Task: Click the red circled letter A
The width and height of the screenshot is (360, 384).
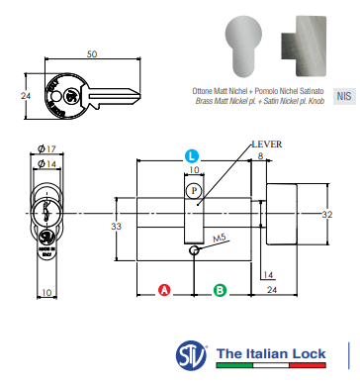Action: pos(165,290)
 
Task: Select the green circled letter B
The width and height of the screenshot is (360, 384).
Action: pos(222,290)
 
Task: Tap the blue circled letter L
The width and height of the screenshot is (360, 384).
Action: pos(192,156)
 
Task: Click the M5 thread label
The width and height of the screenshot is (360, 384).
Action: pos(220,239)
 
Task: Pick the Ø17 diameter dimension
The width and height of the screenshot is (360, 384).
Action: pos(45,148)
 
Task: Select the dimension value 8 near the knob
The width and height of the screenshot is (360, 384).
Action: pos(261,156)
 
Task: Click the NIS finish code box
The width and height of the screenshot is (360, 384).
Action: pos(343,96)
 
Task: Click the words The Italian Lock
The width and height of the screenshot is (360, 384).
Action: pos(272,354)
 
